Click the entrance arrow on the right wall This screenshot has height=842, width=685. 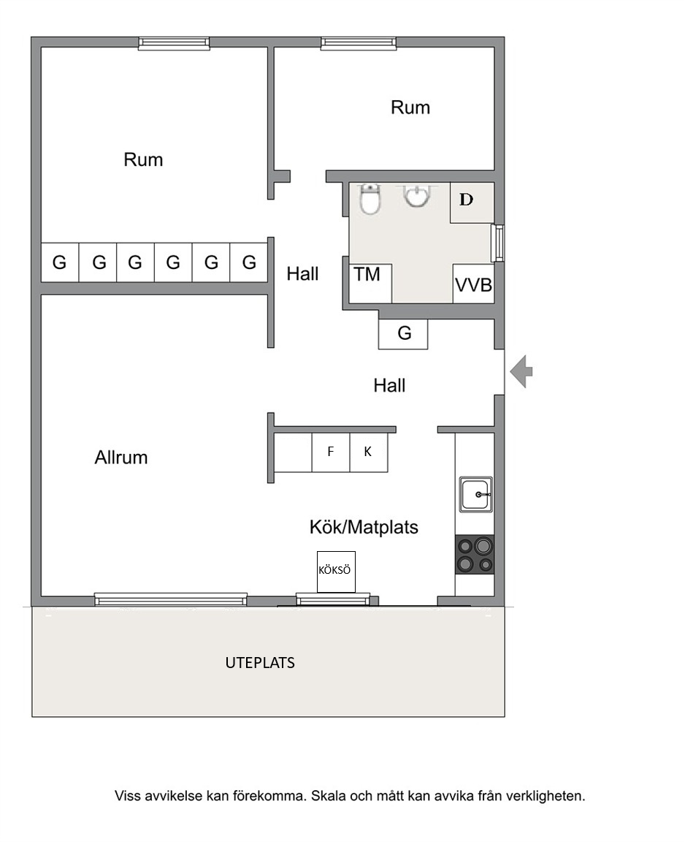tap(521, 371)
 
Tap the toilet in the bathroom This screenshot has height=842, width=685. tap(370, 199)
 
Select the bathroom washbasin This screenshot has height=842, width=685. tap(417, 196)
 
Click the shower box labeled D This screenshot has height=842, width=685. tap(472, 202)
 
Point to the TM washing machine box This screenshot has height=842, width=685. tap(370, 283)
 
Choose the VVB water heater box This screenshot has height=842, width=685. tap(473, 284)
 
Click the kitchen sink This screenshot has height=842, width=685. tap(476, 495)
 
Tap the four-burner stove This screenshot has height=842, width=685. tap(475, 555)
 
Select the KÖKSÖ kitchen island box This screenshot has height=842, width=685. tap(336, 572)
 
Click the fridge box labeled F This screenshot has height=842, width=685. tap(331, 452)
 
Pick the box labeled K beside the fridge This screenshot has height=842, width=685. tap(369, 452)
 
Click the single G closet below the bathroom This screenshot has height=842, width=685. tap(403, 333)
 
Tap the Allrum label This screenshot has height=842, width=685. tap(121, 458)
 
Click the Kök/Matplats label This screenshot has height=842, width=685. tap(364, 527)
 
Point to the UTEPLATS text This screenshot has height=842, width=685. tap(260, 663)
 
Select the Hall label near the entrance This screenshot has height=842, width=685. tap(389, 385)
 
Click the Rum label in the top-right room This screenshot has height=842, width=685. tap(410, 107)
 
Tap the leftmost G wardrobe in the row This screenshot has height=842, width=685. tap(60, 262)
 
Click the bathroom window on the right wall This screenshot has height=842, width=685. tap(498, 243)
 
